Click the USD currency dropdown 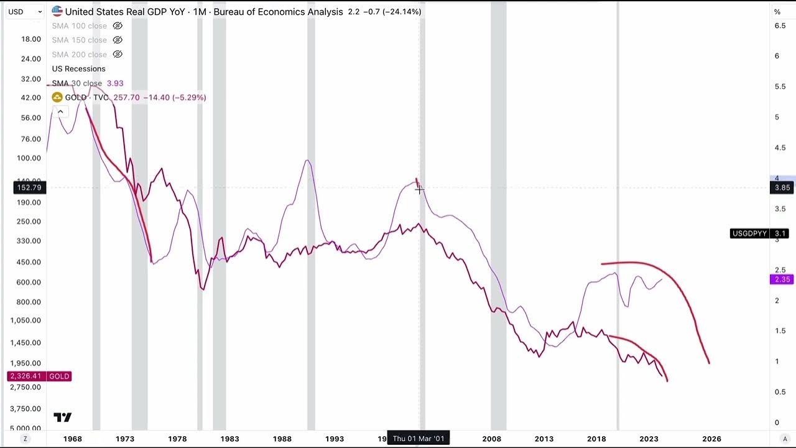(25, 12)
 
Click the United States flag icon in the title (57, 11)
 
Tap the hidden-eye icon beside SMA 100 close (118, 26)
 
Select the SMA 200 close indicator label (79, 55)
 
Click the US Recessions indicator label (78, 69)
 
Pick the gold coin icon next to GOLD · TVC (57, 98)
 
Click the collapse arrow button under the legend (60, 112)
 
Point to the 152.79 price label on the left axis (29, 188)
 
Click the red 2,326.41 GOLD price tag (39, 376)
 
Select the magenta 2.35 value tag (781, 280)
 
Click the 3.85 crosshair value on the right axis (782, 188)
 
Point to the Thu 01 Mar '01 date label (419, 439)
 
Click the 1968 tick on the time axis (72, 439)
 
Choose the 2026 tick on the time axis (711, 439)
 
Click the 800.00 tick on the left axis (30, 302)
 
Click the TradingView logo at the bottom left (62, 418)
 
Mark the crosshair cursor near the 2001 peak (420, 190)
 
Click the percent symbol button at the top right (777, 12)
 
